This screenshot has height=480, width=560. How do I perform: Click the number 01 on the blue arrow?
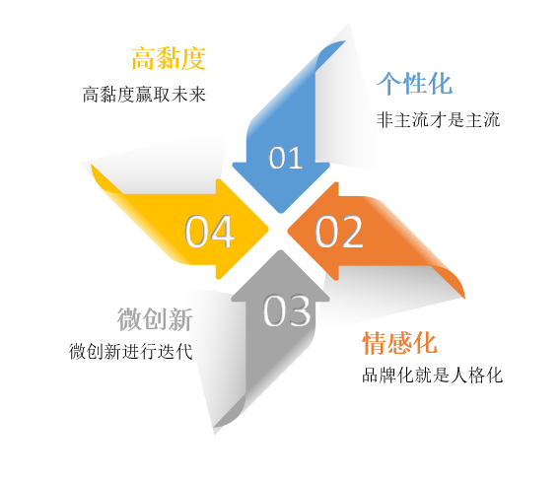pos(286,158)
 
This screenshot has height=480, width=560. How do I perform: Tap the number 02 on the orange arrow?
pos(338,232)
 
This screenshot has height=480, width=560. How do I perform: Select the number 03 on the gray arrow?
pos(287,310)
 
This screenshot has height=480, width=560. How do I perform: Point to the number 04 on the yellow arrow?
pos(209,231)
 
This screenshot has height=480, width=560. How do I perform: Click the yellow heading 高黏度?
pos(169,58)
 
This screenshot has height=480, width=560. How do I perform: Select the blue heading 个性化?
pos(414,83)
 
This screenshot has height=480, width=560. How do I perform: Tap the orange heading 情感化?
pos(399,342)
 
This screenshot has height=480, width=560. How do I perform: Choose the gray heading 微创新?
pos(155,319)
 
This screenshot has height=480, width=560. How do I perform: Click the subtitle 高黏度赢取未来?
pos(144,95)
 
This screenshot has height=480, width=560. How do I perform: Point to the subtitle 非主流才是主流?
pos(438,119)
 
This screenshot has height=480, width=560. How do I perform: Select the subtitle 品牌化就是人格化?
pos(432,375)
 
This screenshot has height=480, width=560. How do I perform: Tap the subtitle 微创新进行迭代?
pos(131,352)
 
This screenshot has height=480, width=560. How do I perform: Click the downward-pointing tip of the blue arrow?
pos(281,213)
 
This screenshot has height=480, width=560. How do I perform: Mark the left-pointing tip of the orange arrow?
pos(288,232)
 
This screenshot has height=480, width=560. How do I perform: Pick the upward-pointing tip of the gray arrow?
pos(280,250)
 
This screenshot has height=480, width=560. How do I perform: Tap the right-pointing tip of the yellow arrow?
pos(268,229)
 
